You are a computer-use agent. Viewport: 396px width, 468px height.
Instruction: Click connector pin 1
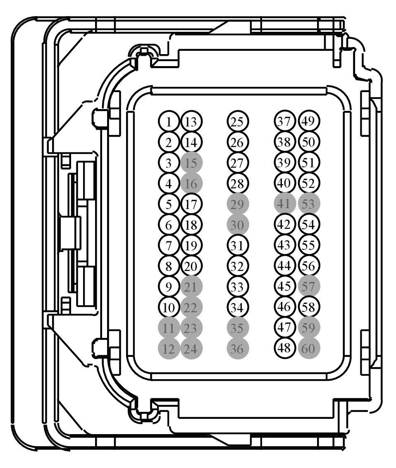[168, 122]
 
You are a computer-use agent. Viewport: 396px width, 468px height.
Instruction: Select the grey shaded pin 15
[191, 163]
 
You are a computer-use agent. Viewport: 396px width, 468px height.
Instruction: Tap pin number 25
[237, 122]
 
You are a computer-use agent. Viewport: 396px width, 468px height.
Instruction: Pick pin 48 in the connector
[285, 349]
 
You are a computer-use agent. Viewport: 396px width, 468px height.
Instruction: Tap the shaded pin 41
[285, 204]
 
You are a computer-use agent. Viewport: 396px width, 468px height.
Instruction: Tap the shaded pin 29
[237, 204]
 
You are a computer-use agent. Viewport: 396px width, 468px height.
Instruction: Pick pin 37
[285, 121]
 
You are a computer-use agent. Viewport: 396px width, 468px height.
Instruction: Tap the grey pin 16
[191, 183]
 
